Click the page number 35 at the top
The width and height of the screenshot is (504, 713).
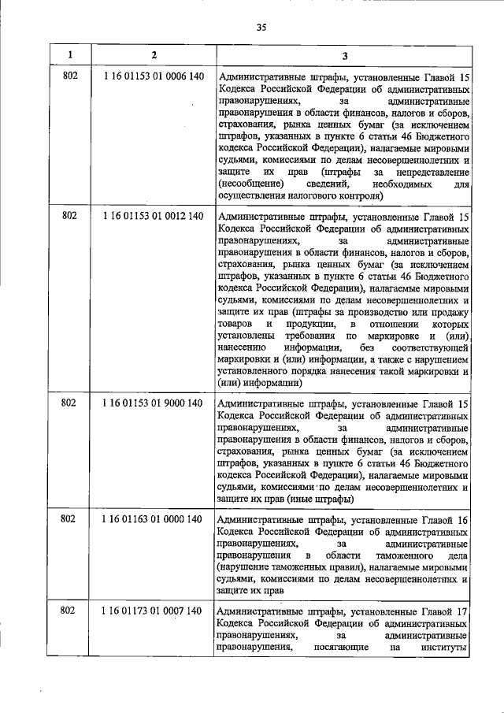click(x=262, y=27)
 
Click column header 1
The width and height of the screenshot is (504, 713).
click(x=70, y=55)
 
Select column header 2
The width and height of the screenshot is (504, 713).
click(x=154, y=55)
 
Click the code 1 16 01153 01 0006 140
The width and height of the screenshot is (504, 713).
click(x=154, y=76)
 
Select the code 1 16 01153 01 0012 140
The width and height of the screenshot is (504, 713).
click(x=154, y=216)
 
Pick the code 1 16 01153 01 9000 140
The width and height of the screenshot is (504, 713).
click(x=154, y=403)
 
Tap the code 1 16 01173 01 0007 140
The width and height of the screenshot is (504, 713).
click(x=154, y=611)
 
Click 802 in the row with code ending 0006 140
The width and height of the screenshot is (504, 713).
click(x=69, y=76)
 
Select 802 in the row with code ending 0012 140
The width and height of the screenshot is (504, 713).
click(x=69, y=216)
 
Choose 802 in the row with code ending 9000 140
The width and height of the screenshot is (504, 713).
click(x=69, y=403)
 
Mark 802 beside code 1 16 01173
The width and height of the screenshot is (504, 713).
click(x=69, y=611)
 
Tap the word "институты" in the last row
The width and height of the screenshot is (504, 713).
click(x=447, y=648)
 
